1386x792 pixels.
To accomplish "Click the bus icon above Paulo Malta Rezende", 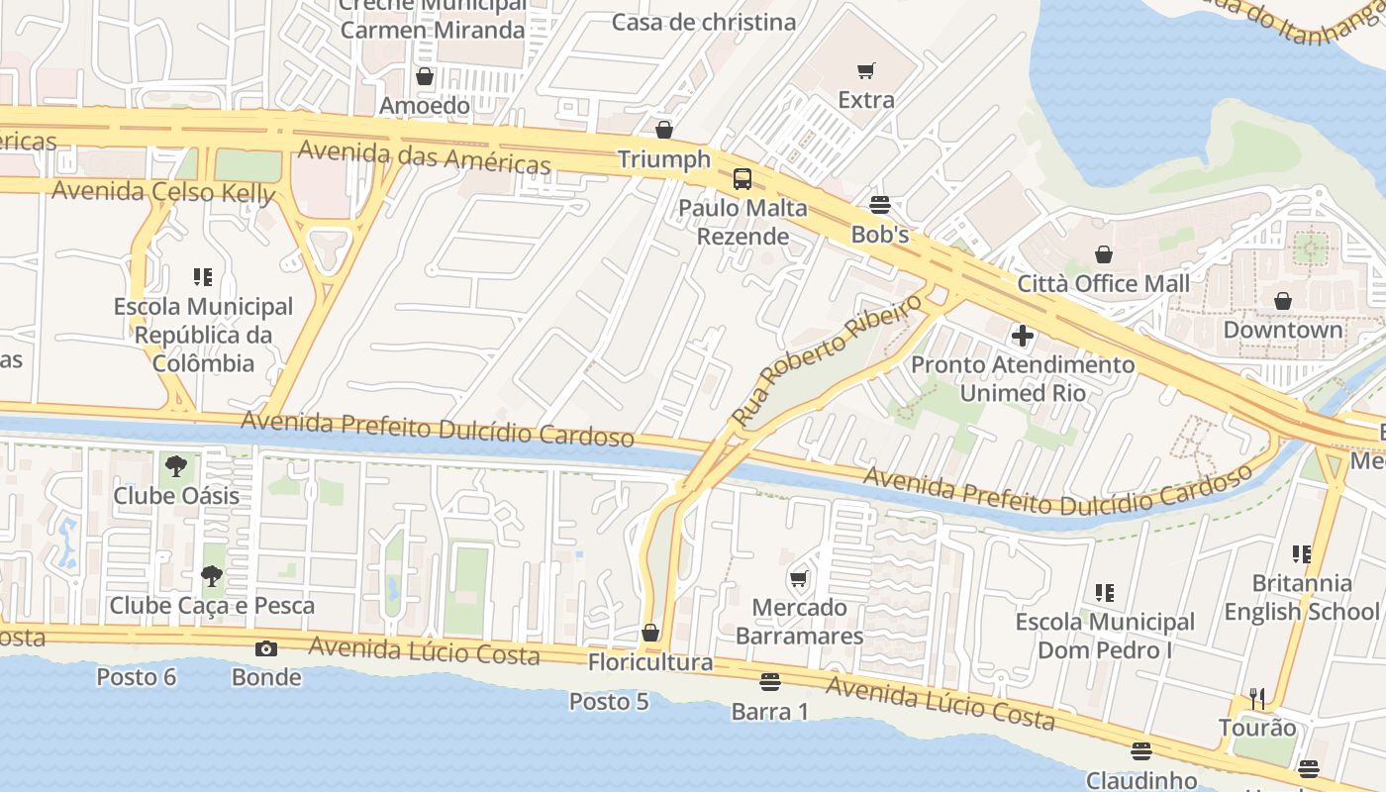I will pyautogui.click(x=742, y=179).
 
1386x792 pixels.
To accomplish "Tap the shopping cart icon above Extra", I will pyautogui.click(x=866, y=70).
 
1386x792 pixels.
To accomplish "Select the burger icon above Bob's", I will pyautogui.click(x=880, y=205).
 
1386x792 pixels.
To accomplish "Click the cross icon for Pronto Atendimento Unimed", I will pyautogui.click(x=1023, y=336).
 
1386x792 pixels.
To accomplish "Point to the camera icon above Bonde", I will pyautogui.click(x=265, y=648).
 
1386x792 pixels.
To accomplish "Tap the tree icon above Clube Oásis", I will pyautogui.click(x=176, y=465).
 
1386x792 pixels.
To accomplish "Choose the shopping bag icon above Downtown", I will pyautogui.click(x=1283, y=300).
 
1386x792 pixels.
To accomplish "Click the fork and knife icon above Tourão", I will pyautogui.click(x=1257, y=699).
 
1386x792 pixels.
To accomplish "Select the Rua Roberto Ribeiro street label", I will pyautogui.click(x=821, y=359).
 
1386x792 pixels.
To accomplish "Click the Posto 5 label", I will pyautogui.click(x=609, y=701).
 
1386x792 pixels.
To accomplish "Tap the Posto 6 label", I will pyautogui.click(x=137, y=677).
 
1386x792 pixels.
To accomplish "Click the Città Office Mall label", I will pyautogui.click(x=1104, y=284).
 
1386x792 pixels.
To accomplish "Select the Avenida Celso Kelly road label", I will pyautogui.click(x=162, y=191).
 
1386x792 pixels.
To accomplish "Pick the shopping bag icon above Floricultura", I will pyautogui.click(x=650, y=633).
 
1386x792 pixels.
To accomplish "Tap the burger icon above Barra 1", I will pyautogui.click(x=770, y=682).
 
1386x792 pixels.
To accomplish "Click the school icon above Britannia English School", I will pyautogui.click(x=1301, y=553).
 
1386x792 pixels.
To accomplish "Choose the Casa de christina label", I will pyautogui.click(x=704, y=22).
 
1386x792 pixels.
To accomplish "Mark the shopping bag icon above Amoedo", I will pyautogui.click(x=425, y=76).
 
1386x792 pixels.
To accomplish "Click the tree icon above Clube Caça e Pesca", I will pyautogui.click(x=211, y=575).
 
